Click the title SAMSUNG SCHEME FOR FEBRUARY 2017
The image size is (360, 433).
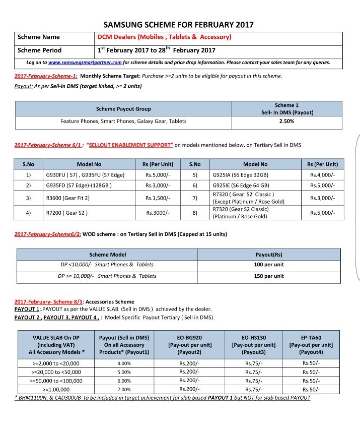pyautogui.click(x=178, y=24)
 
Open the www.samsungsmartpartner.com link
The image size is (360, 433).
pyautogui.click(x=85, y=63)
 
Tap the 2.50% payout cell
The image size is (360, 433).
pyautogui.click(x=286, y=121)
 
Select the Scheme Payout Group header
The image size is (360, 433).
pyautogui.click(x=123, y=109)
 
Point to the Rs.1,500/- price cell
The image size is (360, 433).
pyautogui.click(x=159, y=199)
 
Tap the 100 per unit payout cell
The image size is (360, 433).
pyautogui.click(x=269, y=265)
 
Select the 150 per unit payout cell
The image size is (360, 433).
pyautogui.click(x=269, y=276)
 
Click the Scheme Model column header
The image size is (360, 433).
pyautogui.click(x=108, y=255)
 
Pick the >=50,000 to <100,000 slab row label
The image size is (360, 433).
pyautogui.click(x=55, y=381)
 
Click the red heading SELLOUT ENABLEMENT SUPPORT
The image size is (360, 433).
pyautogui.click(x=130, y=145)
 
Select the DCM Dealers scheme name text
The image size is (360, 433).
pyautogui.click(x=165, y=37)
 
